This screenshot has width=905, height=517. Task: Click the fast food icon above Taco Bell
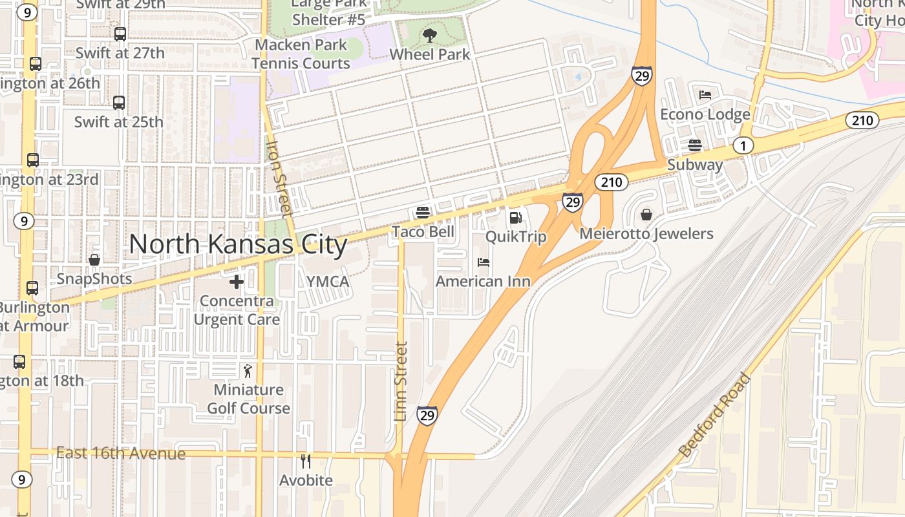423,212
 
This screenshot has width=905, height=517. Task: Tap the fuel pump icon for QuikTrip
515,218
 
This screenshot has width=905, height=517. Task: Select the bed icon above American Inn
483,262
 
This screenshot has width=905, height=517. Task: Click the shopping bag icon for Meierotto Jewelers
646,215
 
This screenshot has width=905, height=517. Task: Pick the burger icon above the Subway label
695,145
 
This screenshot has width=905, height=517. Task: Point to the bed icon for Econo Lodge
705,95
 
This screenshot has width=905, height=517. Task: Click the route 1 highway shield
743,145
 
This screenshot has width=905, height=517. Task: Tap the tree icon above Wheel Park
429,36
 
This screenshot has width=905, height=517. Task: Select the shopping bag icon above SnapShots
94,260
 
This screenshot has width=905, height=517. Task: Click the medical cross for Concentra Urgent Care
237,282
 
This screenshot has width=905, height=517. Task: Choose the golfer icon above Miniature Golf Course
248,371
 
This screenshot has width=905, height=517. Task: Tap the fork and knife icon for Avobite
306,461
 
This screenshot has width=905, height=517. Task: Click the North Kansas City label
238,245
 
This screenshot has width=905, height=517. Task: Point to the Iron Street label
279,179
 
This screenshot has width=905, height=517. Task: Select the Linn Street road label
401,381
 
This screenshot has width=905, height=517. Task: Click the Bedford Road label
715,415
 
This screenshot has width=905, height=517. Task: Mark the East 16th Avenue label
121,453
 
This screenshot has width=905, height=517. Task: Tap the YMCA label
328,282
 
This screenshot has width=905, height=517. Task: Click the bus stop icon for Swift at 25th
119,103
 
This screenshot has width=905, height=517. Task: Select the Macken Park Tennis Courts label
301,54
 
